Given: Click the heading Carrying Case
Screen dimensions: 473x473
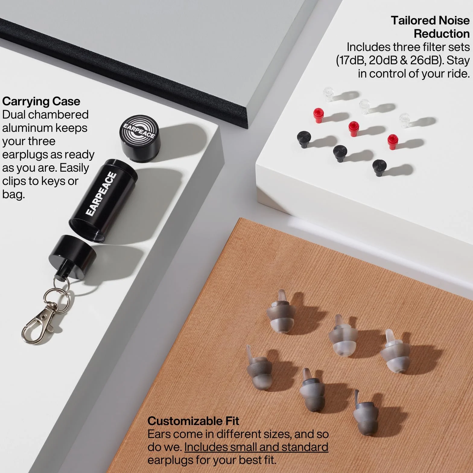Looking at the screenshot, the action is point(41,101).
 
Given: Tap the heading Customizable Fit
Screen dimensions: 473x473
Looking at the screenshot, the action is point(193,421).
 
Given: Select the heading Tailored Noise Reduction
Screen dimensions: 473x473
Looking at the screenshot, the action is point(430,27).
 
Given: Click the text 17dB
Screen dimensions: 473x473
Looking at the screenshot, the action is point(351,61).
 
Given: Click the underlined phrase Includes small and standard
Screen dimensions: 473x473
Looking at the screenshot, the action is point(256,447).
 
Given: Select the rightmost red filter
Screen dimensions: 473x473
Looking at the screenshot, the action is point(393,140).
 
